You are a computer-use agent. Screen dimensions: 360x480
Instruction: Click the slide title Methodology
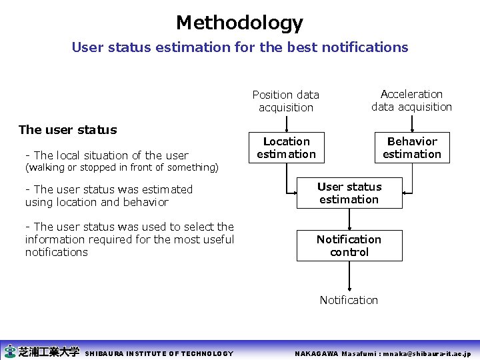239,23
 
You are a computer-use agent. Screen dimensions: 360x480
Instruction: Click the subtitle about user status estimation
239,47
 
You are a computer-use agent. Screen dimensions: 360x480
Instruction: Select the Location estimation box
286,148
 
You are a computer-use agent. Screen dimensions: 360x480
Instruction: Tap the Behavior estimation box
411,148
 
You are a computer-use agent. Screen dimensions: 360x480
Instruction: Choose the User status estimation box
349,193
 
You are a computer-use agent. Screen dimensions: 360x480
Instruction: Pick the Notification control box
349,245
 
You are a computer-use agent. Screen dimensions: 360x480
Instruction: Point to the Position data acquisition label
285,101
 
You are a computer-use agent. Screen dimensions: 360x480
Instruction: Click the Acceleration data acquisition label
411,101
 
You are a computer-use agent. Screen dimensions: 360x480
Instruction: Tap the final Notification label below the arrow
349,300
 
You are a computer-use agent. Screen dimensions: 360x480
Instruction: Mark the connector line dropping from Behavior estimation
412,177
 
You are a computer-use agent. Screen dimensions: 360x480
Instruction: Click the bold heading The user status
67,130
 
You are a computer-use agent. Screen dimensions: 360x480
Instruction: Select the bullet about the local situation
107,155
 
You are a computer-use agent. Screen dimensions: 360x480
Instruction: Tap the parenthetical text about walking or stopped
121,167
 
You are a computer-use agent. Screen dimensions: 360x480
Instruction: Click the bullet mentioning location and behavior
109,196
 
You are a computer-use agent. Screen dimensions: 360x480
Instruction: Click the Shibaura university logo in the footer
41,351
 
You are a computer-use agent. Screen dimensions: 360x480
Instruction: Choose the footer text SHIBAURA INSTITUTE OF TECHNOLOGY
159,353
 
